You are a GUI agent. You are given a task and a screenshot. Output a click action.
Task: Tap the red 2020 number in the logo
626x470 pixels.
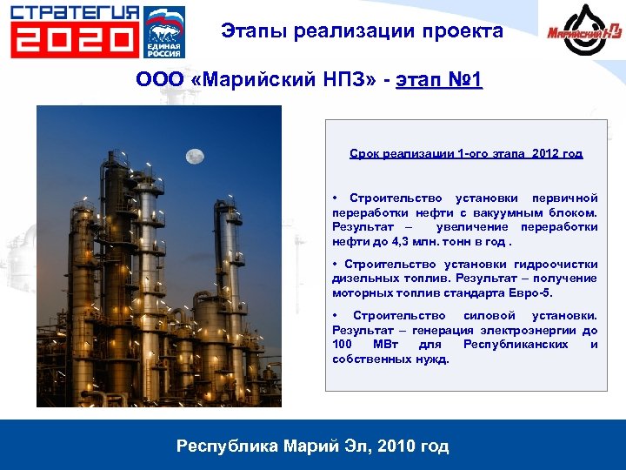pyautogui.click(x=75, y=40)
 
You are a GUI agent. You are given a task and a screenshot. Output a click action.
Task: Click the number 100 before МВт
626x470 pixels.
pyautogui.click(x=342, y=345)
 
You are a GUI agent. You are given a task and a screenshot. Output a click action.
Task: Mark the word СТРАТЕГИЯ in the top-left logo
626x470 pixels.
pyautogui.click(x=75, y=12)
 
